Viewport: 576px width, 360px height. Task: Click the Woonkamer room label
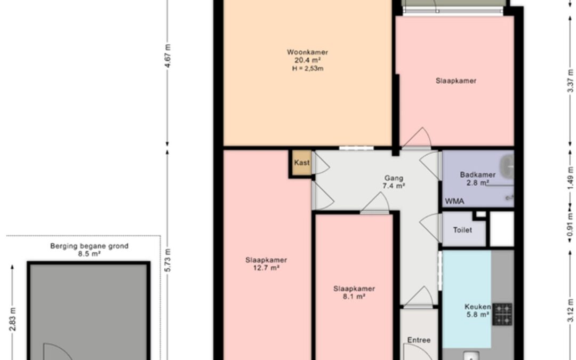308,52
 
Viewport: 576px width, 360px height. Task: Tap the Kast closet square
301,163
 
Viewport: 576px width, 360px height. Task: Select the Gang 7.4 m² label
394,182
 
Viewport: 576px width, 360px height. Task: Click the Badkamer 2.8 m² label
477,179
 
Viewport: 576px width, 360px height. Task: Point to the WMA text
455,201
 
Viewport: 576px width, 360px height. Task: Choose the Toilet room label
462,230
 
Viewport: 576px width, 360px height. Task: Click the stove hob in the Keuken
502,314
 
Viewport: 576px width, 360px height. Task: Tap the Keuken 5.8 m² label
477,310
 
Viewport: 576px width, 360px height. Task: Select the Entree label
419,340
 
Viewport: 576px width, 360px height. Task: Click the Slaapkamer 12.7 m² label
266,264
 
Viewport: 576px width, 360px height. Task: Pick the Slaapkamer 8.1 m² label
354,292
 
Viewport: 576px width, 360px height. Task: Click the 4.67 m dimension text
167,55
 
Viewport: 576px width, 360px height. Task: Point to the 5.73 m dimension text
167,260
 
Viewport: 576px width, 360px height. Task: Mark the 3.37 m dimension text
570,81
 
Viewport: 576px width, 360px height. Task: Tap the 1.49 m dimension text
570,179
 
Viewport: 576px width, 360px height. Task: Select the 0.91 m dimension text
570,225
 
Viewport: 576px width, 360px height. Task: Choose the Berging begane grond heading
89,246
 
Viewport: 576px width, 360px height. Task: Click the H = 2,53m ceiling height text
308,69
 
